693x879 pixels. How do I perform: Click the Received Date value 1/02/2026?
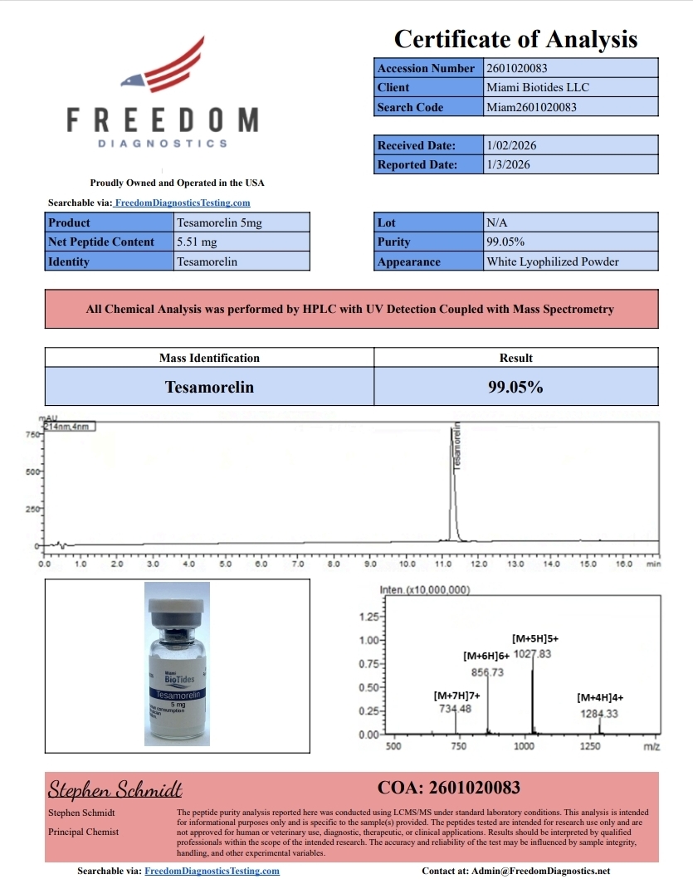511,145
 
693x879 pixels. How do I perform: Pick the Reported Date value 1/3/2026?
508,164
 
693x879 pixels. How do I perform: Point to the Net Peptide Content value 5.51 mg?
197,242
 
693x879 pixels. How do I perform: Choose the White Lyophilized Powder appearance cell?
553,261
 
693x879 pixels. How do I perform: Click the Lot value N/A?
496,222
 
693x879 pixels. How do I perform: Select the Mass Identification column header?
209,358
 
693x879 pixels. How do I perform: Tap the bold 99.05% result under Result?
515,387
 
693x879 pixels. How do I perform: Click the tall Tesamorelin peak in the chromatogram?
452,481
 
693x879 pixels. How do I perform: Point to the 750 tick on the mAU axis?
33,434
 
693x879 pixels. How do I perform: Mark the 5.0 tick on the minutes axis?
226,564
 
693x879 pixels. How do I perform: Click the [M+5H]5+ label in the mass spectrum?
534,638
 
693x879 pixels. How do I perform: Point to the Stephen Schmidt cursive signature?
115,789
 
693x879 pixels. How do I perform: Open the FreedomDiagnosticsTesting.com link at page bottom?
212,871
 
